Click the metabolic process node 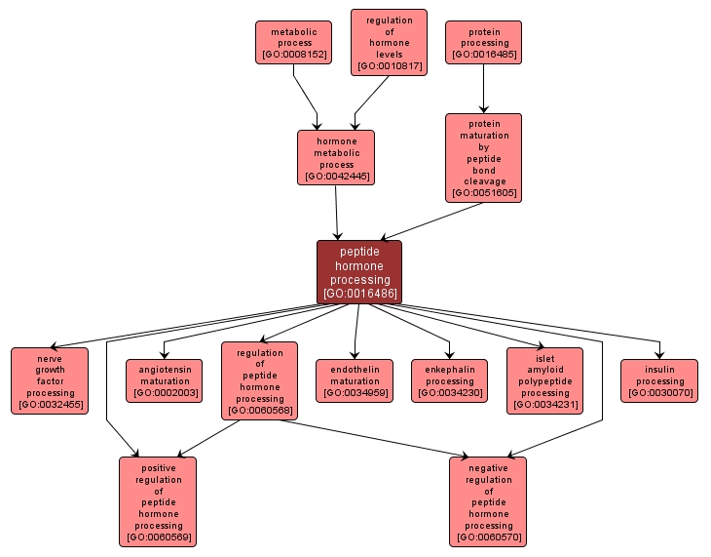tap(293, 43)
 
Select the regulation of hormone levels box tap(389, 43)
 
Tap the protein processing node tap(484, 43)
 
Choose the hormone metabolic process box tap(336, 158)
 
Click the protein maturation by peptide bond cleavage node tap(484, 158)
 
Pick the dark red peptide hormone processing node tap(359, 272)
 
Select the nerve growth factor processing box tap(50, 381)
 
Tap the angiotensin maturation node tap(164, 381)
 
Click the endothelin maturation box tap(355, 381)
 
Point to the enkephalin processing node tap(450, 381)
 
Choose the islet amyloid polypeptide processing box tap(545, 381)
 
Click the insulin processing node tap(659, 381)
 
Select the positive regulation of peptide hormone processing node tap(158, 501)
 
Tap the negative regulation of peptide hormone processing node tap(488, 501)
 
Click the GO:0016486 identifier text tap(359, 294)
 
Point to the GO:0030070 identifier tap(659, 393)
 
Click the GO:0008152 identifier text tap(293, 55)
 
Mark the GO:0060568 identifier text tap(260, 411)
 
